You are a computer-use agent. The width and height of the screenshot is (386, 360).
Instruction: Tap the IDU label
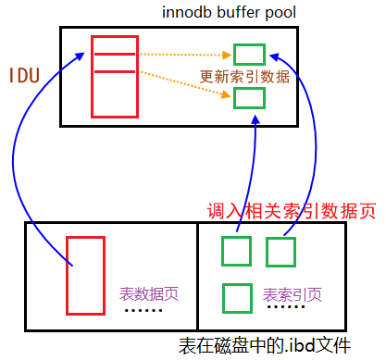25,75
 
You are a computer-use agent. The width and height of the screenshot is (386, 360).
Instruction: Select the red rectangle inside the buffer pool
114,76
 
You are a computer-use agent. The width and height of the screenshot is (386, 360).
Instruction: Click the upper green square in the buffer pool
250,55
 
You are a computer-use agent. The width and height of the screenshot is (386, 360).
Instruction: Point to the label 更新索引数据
244,77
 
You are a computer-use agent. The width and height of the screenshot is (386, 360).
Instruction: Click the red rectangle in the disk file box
85,274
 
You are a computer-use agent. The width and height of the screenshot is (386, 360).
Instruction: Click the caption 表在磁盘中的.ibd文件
264,347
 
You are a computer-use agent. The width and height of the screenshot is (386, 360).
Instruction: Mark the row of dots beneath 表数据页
143,311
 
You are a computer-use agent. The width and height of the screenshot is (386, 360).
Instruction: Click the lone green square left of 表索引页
237,297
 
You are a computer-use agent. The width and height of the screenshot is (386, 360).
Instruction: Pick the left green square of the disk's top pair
237,251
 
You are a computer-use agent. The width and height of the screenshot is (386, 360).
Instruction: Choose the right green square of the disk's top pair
280,251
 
